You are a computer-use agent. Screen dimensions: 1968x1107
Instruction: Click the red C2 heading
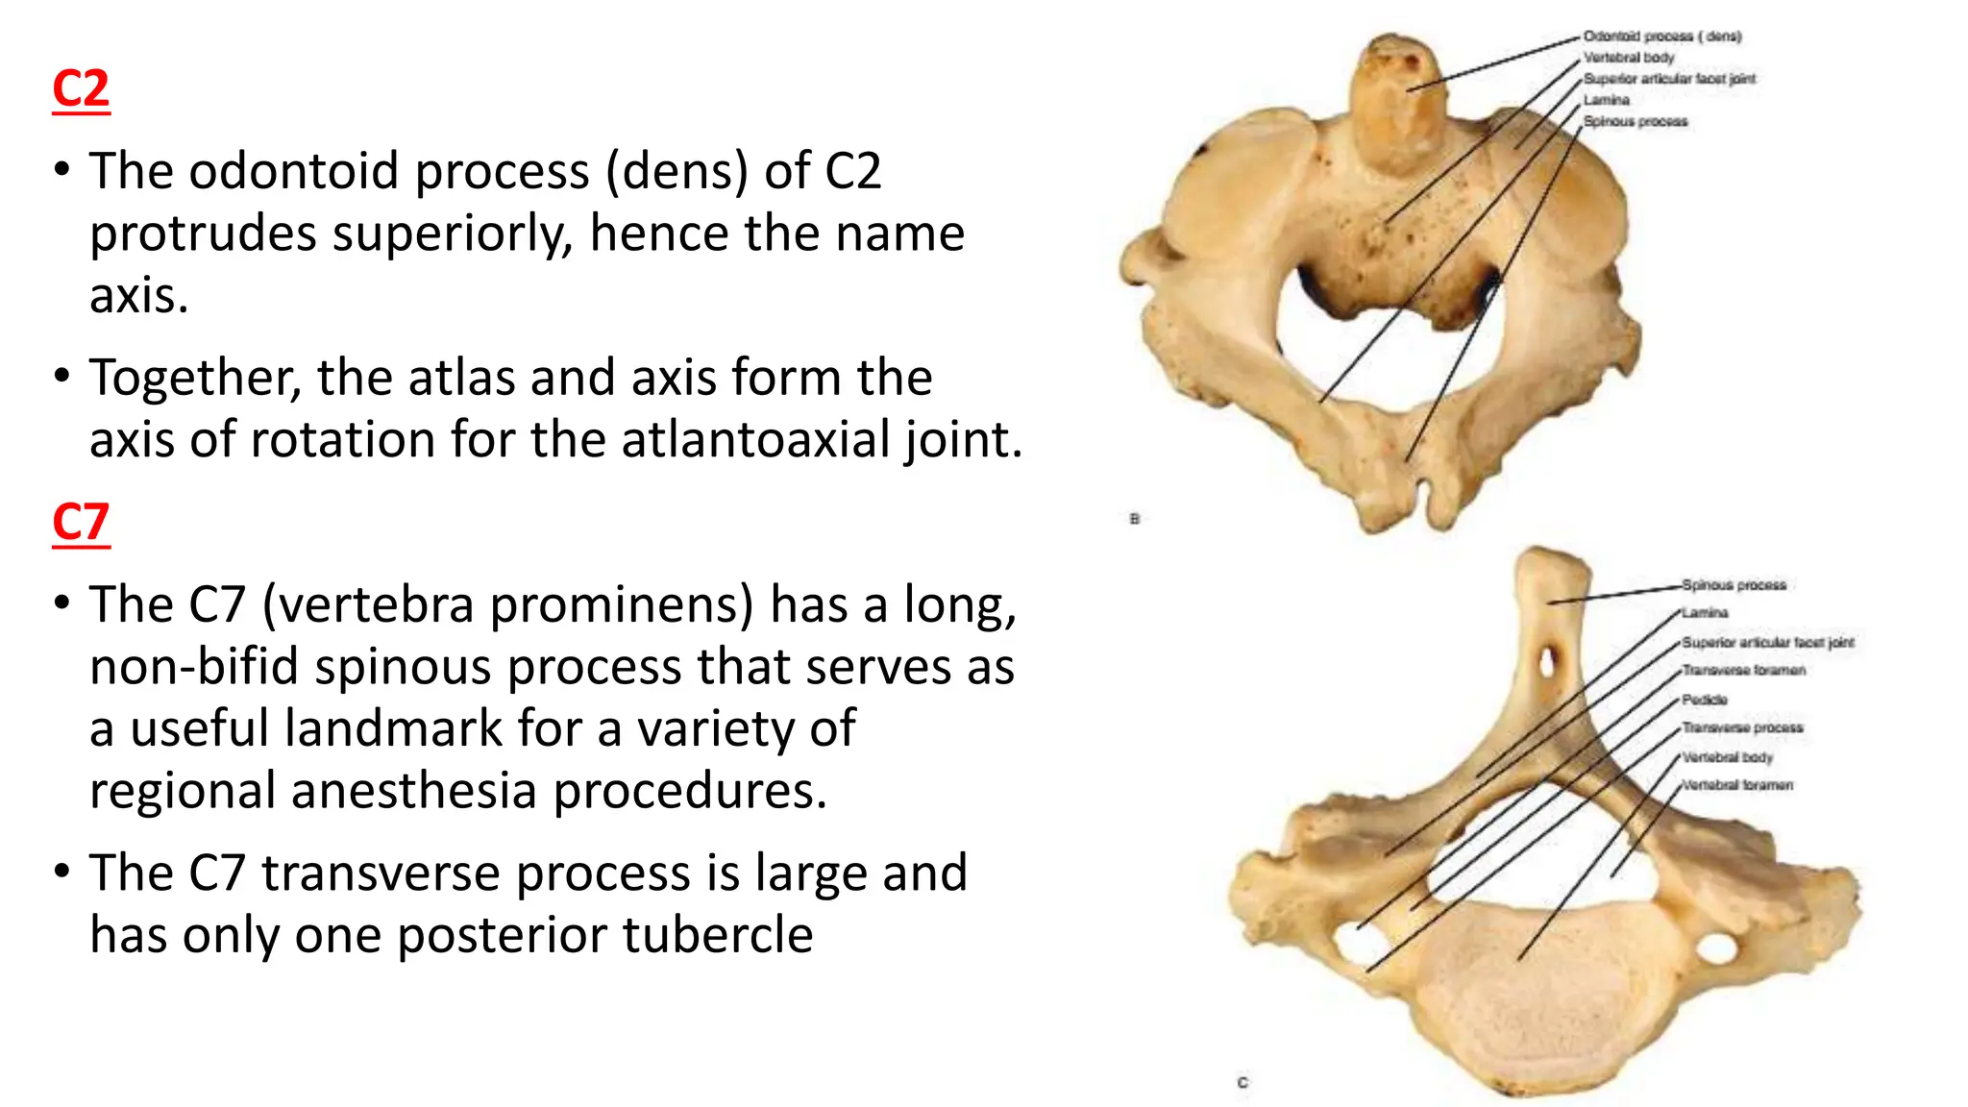click(81, 89)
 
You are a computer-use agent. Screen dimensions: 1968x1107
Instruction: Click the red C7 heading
click(81, 523)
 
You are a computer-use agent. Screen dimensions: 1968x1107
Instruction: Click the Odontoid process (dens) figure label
click(1662, 37)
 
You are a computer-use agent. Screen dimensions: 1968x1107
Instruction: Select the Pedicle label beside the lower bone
click(1705, 700)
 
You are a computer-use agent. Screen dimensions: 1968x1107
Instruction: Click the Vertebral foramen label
click(1737, 785)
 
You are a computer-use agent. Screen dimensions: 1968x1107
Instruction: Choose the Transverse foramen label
click(1743, 670)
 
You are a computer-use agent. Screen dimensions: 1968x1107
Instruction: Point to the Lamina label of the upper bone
click(1607, 100)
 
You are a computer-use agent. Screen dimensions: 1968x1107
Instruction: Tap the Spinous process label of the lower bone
click(1734, 584)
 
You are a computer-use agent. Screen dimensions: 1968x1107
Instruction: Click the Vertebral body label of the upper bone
click(1629, 58)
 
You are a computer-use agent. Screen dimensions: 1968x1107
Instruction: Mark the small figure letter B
click(1135, 519)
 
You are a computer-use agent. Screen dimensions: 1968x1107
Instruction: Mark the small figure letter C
click(1242, 1082)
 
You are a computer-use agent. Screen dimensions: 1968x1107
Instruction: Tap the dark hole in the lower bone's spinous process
click(1547, 662)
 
